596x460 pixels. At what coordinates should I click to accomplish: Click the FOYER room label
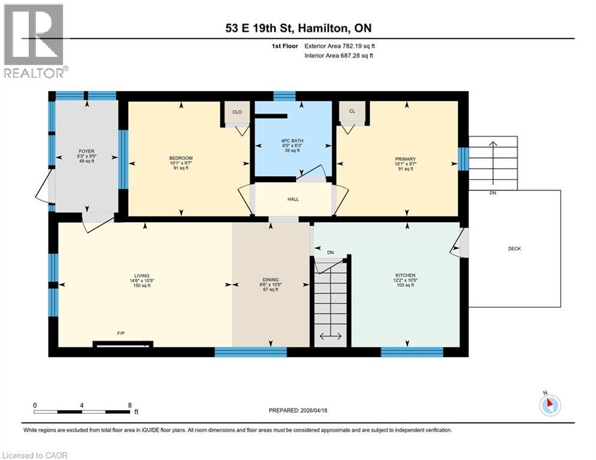86,152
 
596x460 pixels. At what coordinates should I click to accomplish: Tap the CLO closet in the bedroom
237,111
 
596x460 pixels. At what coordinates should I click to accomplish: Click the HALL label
294,199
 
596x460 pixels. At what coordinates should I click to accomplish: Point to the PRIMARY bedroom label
405,159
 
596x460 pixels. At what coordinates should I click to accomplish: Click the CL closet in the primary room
352,111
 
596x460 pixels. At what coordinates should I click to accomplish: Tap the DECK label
514,249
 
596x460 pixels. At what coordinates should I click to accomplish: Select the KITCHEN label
405,276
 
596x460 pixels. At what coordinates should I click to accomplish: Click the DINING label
271,279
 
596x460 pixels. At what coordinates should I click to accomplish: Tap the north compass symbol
549,405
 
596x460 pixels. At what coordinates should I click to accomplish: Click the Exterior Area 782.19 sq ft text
340,46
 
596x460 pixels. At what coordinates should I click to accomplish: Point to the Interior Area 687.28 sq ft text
339,56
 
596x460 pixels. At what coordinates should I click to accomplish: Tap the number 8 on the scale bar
129,405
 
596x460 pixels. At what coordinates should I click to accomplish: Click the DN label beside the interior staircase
330,252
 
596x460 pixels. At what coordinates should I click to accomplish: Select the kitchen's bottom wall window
412,352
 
